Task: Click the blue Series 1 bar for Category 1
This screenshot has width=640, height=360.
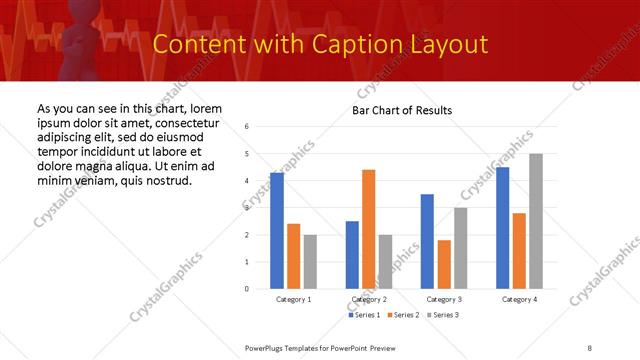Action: pyautogui.click(x=277, y=231)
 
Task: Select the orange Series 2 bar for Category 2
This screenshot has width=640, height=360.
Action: pyautogui.click(x=369, y=229)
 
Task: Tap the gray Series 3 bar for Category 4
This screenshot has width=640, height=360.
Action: pyautogui.click(x=536, y=221)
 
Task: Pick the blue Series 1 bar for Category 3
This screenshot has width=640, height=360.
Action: pyautogui.click(x=427, y=241)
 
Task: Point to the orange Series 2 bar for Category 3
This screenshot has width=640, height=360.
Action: pyautogui.click(x=444, y=264)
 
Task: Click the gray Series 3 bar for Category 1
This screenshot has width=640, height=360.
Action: pyautogui.click(x=310, y=262)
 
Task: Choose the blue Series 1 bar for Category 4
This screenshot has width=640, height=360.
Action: pyautogui.click(x=502, y=228)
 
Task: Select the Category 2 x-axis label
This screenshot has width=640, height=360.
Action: pyautogui.click(x=369, y=300)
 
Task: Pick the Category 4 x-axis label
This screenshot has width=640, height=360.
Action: pyautogui.click(x=519, y=300)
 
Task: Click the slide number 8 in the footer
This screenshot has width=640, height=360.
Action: pyautogui.click(x=589, y=346)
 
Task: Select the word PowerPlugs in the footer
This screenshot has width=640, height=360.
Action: pyautogui.click(x=268, y=346)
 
